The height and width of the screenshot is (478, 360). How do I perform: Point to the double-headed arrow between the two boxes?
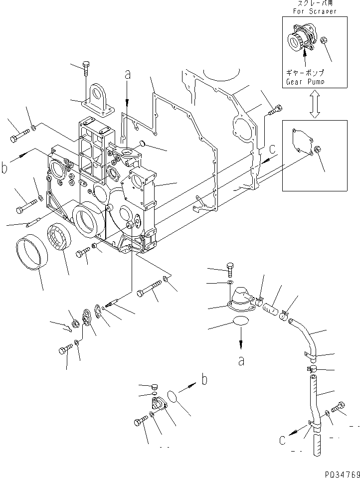(x=314, y=105)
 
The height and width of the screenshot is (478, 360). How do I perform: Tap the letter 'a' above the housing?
(x=128, y=75)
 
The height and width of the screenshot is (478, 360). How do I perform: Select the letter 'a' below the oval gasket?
(x=241, y=361)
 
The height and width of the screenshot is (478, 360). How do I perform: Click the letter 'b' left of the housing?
(x=4, y=167)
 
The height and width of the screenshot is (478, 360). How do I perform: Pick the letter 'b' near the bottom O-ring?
(x=204, y=381)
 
